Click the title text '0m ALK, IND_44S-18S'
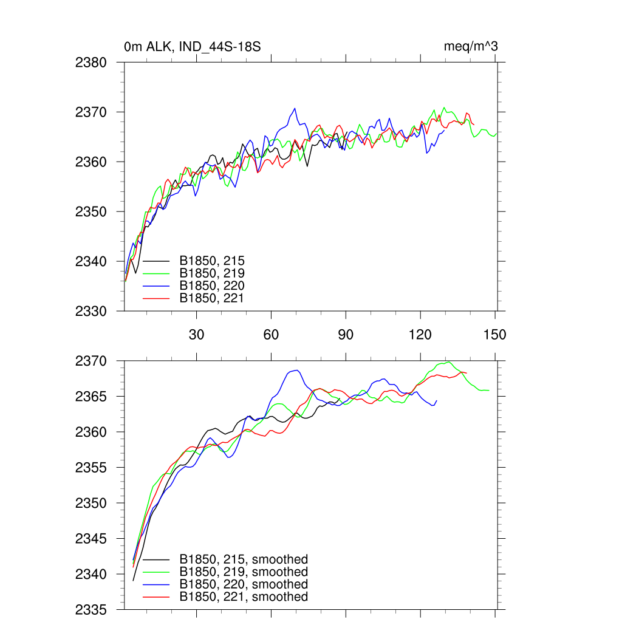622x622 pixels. point(193,47)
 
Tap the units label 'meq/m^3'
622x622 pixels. point(471,47)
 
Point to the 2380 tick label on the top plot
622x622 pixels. point(92,62)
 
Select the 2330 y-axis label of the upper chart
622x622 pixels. point(92,311)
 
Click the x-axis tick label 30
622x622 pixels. point(196,335)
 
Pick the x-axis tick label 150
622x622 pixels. point(495,335)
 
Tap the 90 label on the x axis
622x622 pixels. point(346,335)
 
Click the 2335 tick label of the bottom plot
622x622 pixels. point(92,609)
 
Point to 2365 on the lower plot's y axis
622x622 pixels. point(92,397)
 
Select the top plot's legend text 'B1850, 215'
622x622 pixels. point(212,262)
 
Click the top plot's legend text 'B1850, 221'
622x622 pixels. point(212,298)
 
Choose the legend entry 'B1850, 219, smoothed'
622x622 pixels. point(244,572)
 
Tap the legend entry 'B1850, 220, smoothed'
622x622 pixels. point(244,584)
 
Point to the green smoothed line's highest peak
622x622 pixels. point(448,362)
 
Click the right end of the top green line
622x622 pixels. point(497,133)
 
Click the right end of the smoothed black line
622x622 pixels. point(340,398)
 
